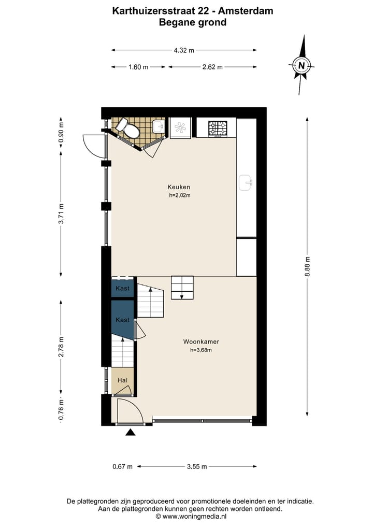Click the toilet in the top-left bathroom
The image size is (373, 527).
click(128, 128)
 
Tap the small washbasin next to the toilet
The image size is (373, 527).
click(159, 126)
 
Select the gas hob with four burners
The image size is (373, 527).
click(218, 128)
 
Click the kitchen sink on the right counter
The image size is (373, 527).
click(246, 182)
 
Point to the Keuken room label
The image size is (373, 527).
click(179, 187)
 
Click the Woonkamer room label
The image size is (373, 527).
click(201, 342)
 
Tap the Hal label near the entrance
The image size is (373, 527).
click(123, 380)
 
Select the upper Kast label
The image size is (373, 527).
click(123, 288)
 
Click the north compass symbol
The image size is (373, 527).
click(301, 66)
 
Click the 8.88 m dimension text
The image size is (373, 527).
click(307, 267)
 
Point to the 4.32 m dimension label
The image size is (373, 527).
click(184, 50)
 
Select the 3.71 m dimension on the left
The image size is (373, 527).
click(61, 214)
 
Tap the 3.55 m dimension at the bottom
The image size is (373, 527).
click(197, 466)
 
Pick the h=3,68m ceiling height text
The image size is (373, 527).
click(201, 350)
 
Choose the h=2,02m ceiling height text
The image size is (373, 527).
click(179, 195)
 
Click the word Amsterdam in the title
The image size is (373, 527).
click(245, 10)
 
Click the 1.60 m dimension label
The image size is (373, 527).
click(138, 67)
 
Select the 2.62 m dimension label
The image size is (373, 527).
click(212, 67)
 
